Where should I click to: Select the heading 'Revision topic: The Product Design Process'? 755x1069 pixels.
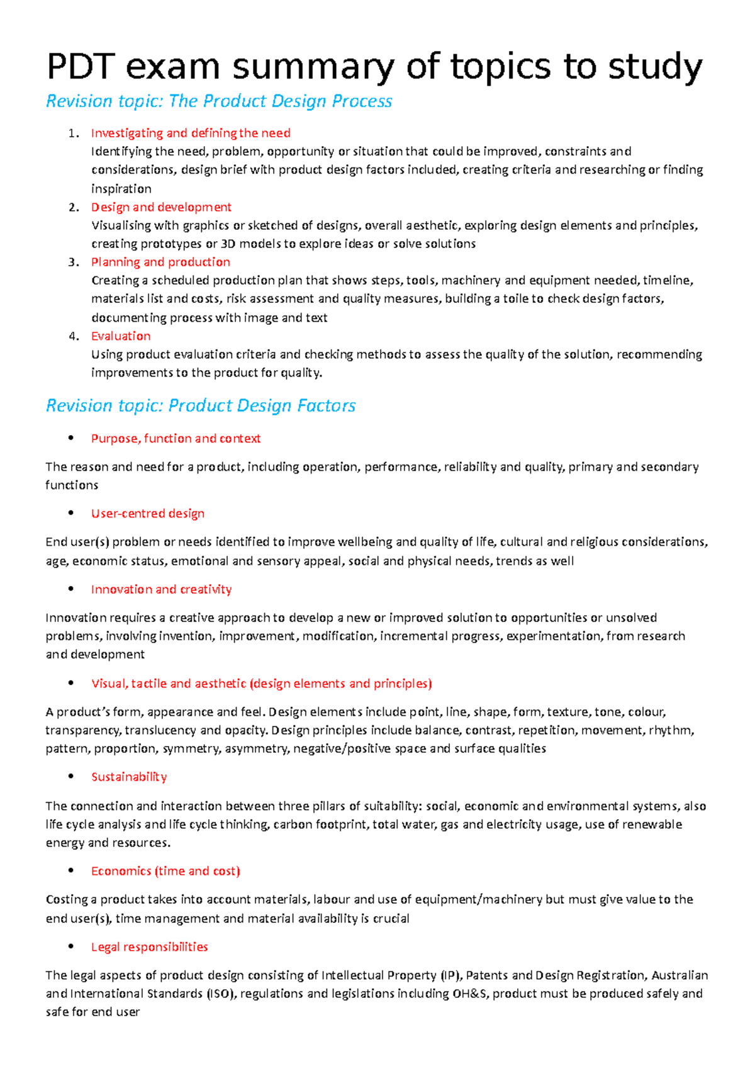219,101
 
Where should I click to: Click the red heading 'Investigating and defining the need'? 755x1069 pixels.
191,133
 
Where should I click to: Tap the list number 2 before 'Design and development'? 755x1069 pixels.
74,207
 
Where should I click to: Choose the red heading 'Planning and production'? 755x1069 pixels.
160,262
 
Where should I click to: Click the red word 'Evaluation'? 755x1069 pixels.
121,336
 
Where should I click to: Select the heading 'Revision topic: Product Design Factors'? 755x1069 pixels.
201,405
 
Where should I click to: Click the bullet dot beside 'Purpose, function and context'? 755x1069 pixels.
71,438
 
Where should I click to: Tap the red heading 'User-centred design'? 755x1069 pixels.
148,513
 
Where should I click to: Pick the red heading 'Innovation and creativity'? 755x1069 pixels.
161,589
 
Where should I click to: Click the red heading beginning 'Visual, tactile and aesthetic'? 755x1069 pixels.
261,683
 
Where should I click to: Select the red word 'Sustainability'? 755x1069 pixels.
129,777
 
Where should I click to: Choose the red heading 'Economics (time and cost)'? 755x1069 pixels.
165,871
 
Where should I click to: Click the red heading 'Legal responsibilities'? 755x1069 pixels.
149,947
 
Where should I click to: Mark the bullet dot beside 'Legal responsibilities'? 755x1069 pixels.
71,946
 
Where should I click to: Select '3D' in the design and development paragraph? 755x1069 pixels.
228,244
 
